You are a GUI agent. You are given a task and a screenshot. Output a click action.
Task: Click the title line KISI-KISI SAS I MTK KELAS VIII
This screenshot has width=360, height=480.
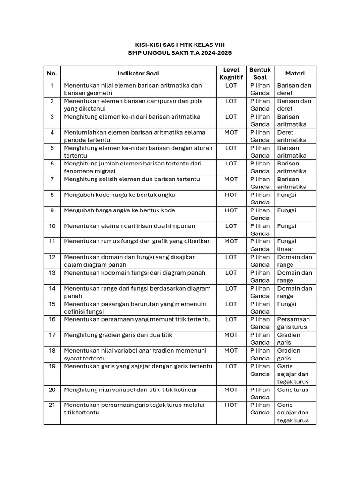pyautogui.click(x=180, y=45)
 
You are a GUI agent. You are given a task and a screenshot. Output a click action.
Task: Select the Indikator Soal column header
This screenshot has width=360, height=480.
pyautogui.click(x=138, y=74)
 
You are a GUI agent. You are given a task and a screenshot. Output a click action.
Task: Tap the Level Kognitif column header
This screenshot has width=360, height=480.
pyautogui.click(x=231, y=74)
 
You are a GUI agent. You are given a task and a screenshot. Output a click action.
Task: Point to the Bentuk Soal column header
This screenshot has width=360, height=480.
pyautogui.click(x=260, y=74)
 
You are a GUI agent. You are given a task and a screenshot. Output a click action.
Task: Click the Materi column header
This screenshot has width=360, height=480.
pyautogui.click(x=295, y=74)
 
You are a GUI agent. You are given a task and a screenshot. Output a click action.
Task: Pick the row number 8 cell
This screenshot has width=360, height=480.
pyautogui.click(x=52, y=195)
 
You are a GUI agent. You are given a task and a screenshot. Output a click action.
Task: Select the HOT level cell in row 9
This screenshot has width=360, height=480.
pyautogui.click(x=231, y=210)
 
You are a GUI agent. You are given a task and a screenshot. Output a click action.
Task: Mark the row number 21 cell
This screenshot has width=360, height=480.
pyautogui.click(x=52, y=405)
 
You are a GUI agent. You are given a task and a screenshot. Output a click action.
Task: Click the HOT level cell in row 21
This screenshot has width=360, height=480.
pyautogui.click(x=231, y=405)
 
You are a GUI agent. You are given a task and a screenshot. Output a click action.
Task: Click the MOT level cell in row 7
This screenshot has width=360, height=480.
pyautogui.click(x=231, y=179)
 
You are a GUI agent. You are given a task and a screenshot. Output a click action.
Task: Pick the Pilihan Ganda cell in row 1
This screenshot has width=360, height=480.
pyautogui.click(x=260, y=90)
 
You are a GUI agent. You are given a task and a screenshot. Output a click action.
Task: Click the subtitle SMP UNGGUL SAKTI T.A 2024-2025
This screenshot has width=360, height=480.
pyautogui.click(x=180, y=53)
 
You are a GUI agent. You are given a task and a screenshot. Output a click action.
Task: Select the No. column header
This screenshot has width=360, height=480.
pyautogui.click(x=52, y=74)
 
